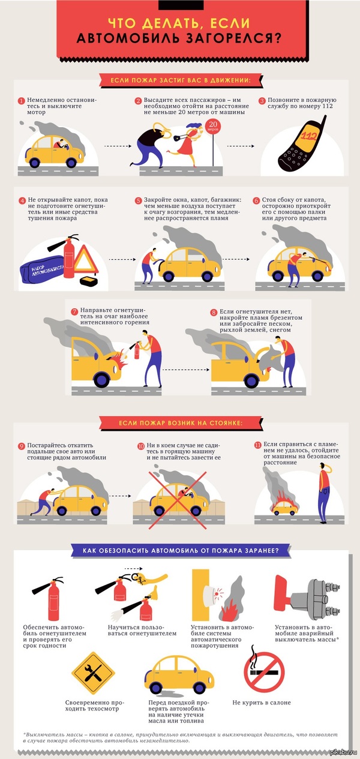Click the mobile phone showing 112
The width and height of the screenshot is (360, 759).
302,144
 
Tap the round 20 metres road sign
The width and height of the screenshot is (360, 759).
212,127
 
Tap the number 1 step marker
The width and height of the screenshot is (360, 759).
22,101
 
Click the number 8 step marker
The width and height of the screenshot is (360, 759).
214,312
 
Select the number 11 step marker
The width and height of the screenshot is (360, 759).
258,445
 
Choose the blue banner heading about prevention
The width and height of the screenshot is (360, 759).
181,551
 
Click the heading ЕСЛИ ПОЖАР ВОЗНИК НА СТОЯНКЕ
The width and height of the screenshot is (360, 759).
181,423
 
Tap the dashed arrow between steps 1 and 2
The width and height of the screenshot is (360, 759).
118,146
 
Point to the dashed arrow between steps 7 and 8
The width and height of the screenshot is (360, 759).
186,370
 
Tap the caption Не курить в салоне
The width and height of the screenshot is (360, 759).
262,703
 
